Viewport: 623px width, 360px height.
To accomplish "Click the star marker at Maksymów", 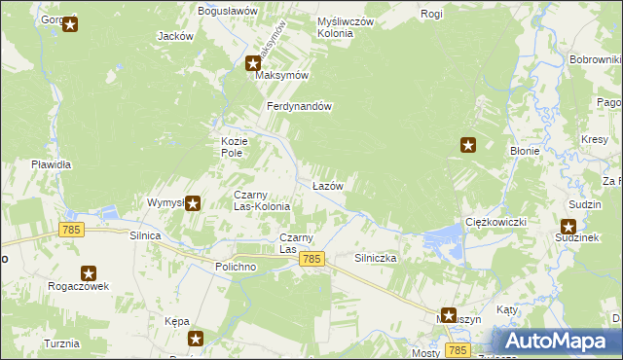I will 253,64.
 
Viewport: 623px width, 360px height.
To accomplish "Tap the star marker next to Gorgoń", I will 70,25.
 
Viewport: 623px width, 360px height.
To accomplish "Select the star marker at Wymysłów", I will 193,203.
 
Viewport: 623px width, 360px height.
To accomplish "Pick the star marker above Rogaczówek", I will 89,274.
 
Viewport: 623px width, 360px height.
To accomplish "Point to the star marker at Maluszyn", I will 448,314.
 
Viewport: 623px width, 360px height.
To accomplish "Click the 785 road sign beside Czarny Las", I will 311,259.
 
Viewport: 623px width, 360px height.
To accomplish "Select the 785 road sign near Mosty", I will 458,348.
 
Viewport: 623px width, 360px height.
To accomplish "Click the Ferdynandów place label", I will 302,107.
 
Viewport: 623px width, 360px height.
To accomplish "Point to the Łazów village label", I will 327,185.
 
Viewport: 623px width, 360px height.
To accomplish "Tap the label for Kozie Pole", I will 231,147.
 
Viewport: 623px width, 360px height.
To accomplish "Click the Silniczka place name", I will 375,259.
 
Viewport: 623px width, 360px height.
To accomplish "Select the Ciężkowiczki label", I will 495,222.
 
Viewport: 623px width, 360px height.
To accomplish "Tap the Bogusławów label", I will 227,10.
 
